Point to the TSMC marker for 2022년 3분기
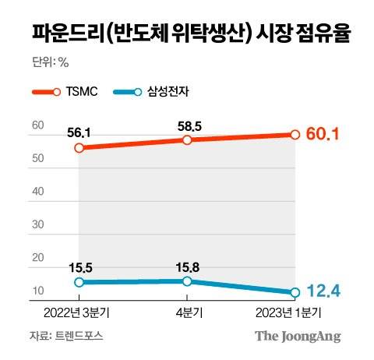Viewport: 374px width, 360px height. click(x=79, y=146)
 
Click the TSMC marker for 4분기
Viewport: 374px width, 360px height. click(x=187, y=139)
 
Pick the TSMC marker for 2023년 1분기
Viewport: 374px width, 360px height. click(x=295, y=134)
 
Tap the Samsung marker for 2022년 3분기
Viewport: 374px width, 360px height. click(x=79, y=282)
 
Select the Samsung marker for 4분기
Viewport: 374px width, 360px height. click(x=187, y=281)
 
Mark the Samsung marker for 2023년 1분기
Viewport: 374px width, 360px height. click(x=295, y=293)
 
